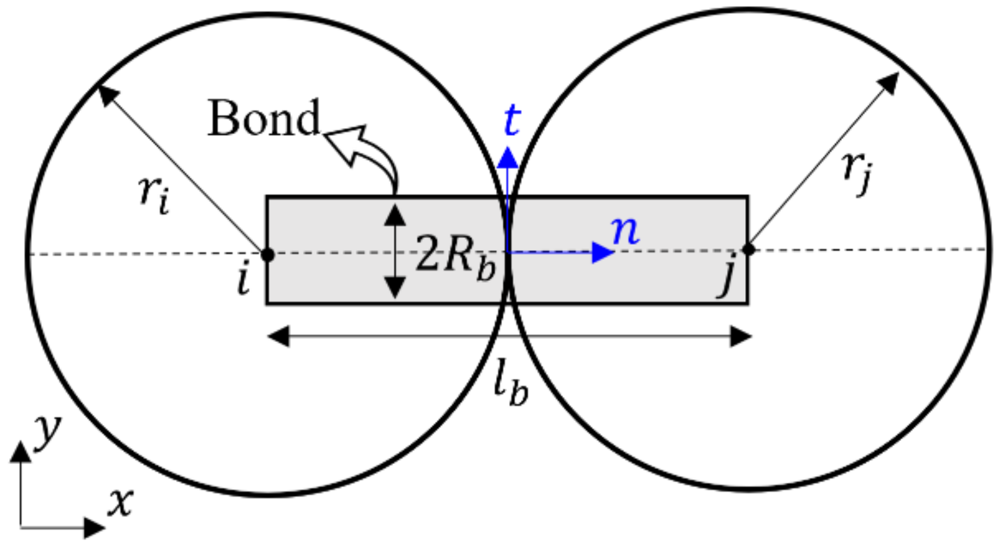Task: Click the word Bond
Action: click(x=264, y=118)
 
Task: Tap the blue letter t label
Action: click(x=512, y=120)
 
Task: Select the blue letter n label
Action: click(x=625, y=230)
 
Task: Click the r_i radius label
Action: click(x=154, y=195)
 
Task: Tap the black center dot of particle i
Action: click(x=267, y=254)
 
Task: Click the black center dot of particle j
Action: click(x=748, y=249)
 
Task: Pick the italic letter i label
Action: click(x=243, y=279)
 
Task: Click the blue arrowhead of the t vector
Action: click(x=507, y=158)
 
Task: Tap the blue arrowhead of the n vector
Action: click(x=602, y=252)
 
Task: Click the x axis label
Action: click(x=120, y=501)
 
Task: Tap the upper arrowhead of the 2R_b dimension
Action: click(x=395, y=214)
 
